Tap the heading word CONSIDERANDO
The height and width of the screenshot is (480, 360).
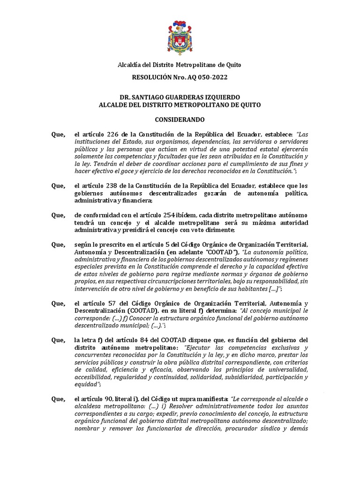coord(180,120)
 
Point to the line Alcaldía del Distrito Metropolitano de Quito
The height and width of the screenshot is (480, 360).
coord(180,65)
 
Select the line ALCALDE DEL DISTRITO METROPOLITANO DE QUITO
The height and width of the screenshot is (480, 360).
coord(180,105)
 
